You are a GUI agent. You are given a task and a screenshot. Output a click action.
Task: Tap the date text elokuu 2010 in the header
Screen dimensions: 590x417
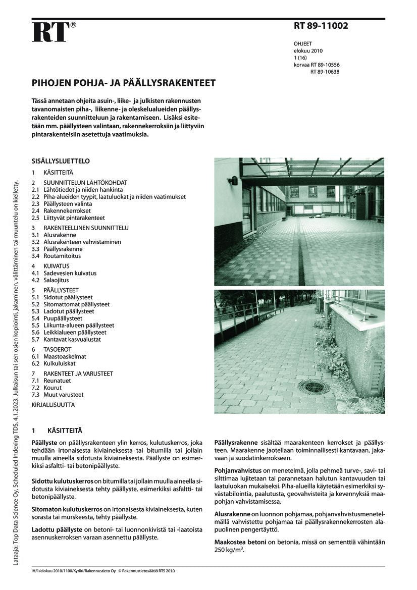point(308,50)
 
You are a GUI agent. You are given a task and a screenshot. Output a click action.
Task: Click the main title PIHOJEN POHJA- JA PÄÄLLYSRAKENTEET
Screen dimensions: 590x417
point(124,83)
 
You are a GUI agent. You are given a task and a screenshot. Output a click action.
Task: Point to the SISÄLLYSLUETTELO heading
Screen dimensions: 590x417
point(61,162)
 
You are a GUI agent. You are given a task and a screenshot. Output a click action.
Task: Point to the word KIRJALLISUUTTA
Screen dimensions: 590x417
point(53,405)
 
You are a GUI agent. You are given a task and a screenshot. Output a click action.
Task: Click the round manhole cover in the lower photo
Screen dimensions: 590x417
point(314,387)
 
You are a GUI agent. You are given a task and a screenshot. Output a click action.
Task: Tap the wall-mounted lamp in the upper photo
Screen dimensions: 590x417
point(233,180)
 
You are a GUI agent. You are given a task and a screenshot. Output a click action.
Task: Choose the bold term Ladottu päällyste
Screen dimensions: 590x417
point(57,529)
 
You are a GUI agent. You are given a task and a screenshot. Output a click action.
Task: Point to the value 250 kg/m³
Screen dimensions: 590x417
point(229,550)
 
